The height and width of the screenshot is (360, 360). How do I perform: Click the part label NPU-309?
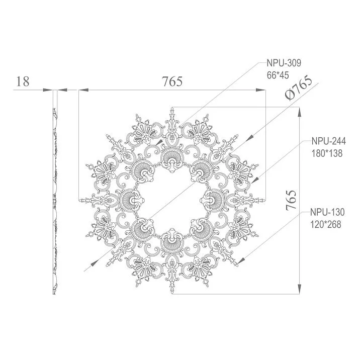click(284, 64)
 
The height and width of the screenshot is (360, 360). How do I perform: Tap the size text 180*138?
click(326, 153)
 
